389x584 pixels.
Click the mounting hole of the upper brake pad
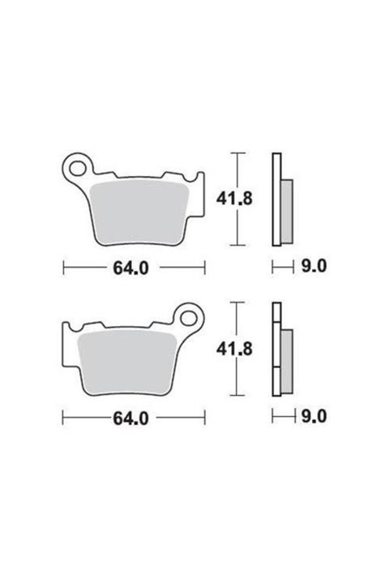(80, 169)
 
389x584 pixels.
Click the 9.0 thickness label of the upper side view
(313, 267)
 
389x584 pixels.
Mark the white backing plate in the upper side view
(276, 199)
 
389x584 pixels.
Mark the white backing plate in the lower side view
(276, 349)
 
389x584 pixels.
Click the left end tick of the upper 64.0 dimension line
(64, 268)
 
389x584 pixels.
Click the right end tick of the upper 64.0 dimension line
(204, 268)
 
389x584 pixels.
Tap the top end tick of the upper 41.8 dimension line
(237, 152)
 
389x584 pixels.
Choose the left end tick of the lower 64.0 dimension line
(64, 418)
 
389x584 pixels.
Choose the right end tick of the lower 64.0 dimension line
(204, 418)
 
